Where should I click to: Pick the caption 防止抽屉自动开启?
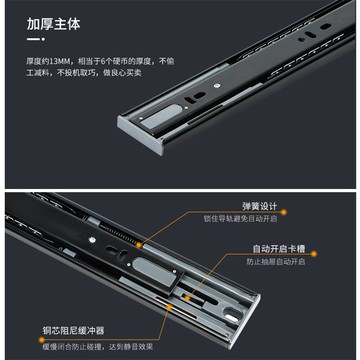point(275,262)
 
